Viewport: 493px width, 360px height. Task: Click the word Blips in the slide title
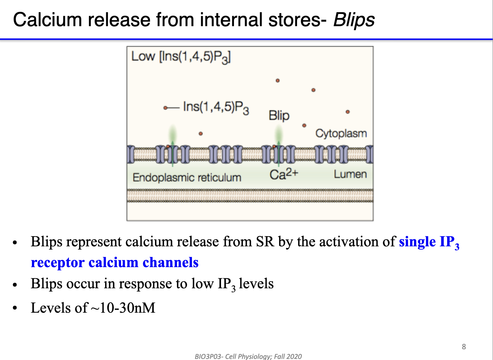354,20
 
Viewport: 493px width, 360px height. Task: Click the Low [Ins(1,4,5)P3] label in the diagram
181,57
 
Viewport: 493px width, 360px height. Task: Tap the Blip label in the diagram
279,115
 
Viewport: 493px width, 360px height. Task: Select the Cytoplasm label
341,133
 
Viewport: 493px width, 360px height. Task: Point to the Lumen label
350,174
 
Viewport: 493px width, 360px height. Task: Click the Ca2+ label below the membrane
283,174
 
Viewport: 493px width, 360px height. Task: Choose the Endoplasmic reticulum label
187,177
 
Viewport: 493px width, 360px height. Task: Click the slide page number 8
464,346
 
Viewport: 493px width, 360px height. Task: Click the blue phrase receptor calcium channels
114,262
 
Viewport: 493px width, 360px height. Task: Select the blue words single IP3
429,242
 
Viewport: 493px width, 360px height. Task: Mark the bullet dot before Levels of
15,308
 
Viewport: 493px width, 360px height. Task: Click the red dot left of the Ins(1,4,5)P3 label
165,108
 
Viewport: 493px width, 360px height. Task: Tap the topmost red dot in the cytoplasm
277,81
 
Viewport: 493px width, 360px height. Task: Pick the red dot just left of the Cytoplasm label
304,125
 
